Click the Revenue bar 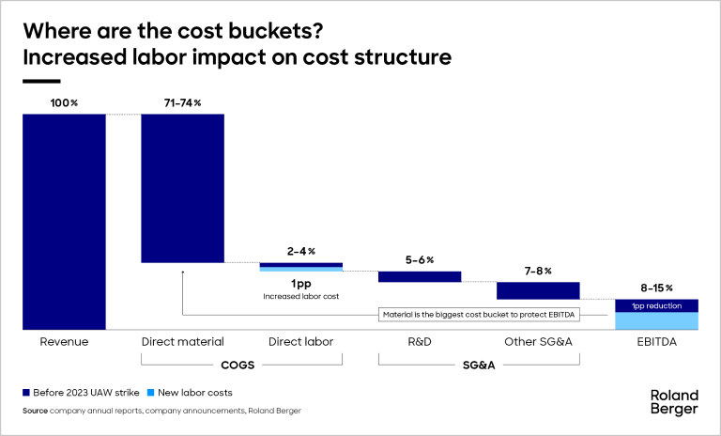point(64,221)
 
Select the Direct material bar point(182,188)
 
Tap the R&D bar point(420,276)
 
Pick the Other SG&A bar point(538,290)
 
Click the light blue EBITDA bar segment point(657,320)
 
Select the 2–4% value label point(300,251)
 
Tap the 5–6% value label point(419,259)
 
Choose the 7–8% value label point(538,271)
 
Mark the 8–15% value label point(657,288)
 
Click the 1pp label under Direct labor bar point(300,283)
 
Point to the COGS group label point(241,365)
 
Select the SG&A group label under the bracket point(479,365)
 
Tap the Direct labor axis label point(300,342)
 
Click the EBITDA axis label point(657,342)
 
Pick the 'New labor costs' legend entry point(192,392)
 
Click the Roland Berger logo point(674,401)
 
